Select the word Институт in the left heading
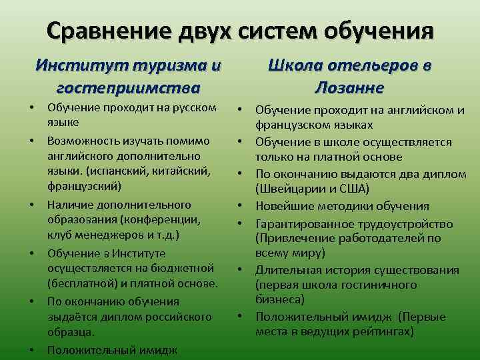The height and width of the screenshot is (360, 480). point(81,66)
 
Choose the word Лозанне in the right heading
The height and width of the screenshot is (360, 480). point(349,87)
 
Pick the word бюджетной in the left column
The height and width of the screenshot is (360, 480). point(183,268)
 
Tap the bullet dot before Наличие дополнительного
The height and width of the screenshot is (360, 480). point(31,204)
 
